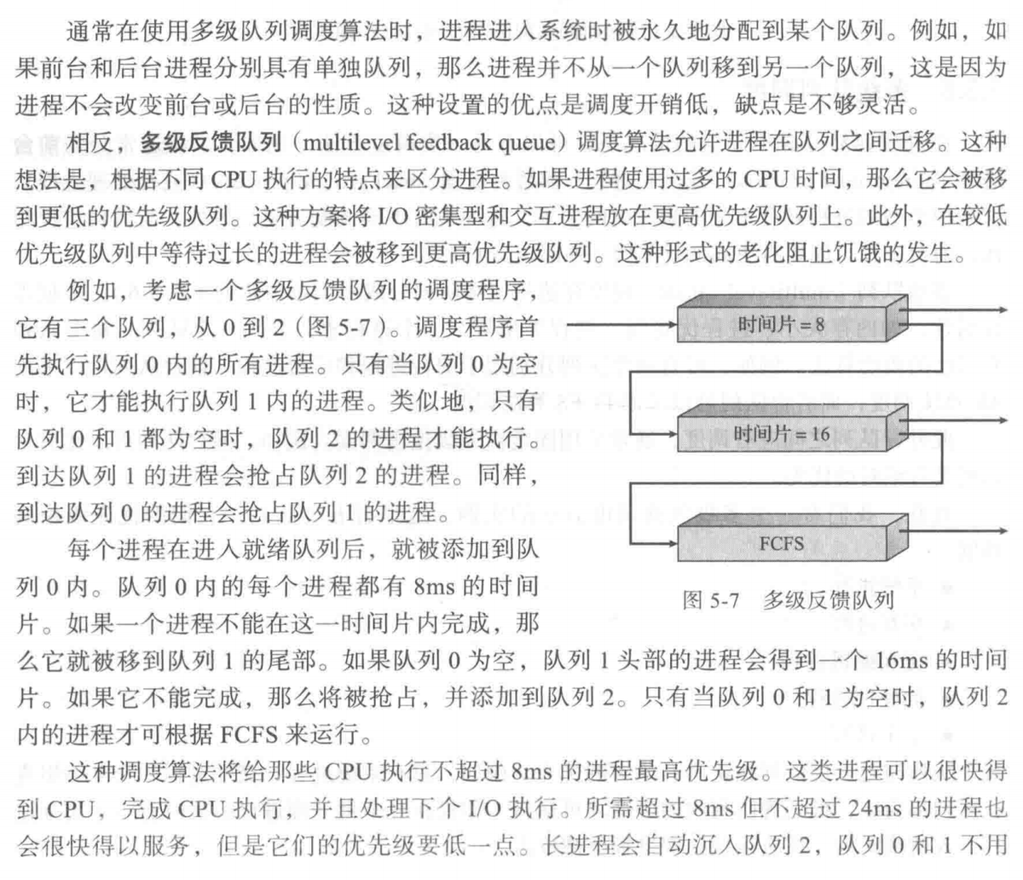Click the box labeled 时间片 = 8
point(792,318)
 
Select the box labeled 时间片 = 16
point(792,428)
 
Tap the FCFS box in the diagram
point(792,538)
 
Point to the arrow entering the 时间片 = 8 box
point(621,325)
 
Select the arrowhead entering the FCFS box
point(671,543)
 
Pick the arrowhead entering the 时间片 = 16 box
point(671,434)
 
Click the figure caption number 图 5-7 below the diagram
point(711,600)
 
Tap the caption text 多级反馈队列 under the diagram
point(828,600)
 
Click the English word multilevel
point(351,142)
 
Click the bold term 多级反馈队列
point(211,142)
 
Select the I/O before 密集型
point(393,216)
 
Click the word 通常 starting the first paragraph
point(91,32)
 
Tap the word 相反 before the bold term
point(91,142)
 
